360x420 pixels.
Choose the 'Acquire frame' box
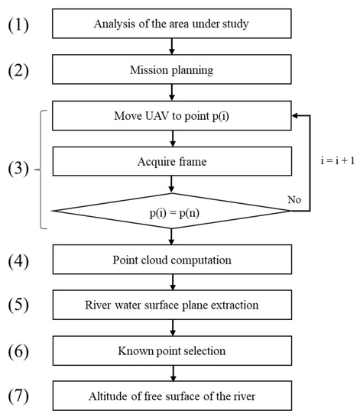click(x=172, y=162)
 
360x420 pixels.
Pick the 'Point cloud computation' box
click(x=172, y=260)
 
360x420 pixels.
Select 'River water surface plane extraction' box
click(x=172, y=305)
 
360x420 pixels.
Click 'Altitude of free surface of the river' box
click(x=172, y=397)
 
